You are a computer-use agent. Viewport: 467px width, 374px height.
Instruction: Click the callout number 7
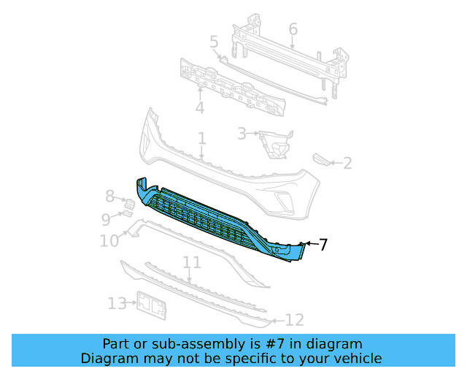[x=323, y=245]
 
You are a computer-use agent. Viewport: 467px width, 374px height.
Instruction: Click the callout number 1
[x=201, y=139]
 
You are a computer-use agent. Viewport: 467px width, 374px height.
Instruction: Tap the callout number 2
[x=347, y=163]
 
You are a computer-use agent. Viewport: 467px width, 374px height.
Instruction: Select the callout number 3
[x=241, y=134]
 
